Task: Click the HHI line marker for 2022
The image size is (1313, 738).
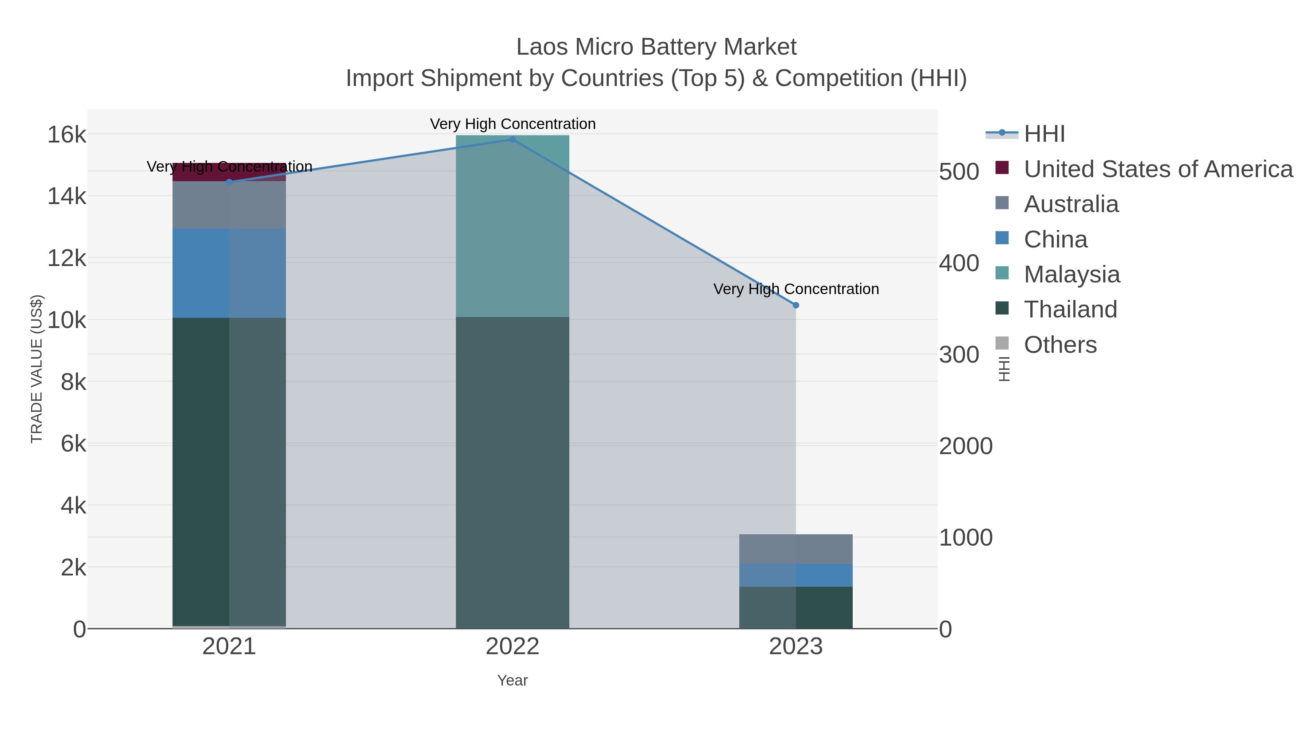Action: (512, 140)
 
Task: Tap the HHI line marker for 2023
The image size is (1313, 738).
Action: (796, 305)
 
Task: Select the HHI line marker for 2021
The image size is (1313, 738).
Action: (229, 182)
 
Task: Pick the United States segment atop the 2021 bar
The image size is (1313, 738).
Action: (229, 172)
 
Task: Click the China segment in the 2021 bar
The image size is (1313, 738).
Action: (229, 273)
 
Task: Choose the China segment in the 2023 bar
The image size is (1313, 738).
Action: (796, 575)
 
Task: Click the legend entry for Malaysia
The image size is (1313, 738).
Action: (1072, 274)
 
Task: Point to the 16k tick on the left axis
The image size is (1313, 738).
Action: (67, 135)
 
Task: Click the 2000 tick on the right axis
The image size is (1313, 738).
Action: (965, 446)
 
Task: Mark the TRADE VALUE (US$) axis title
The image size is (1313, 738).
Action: (37, 369)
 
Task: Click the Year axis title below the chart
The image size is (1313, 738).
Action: (512, 680)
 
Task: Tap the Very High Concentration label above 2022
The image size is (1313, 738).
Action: (512, 124)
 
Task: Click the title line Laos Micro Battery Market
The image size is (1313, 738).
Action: (656, 47)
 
